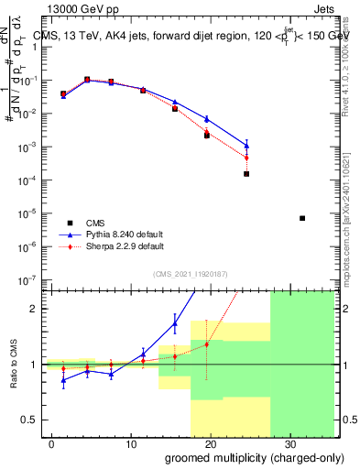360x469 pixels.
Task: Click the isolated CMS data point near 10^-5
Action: point(302,218)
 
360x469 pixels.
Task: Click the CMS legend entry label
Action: point(94,223)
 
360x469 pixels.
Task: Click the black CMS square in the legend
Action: point(70,223)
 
